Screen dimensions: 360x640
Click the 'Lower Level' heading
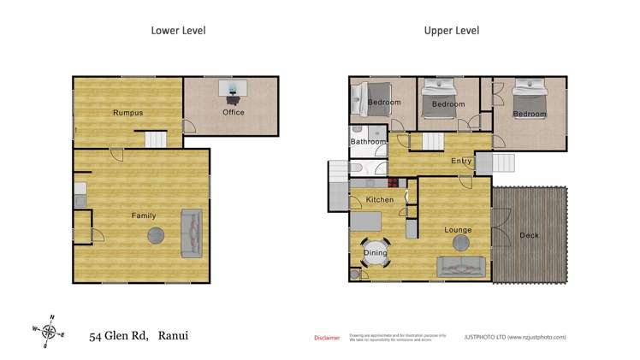point(178,31)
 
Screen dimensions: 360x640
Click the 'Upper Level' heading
point(451,31)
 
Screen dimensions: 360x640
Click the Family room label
point(143,215)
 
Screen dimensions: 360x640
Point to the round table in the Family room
point(157,236)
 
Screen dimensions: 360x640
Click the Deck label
point(529,235)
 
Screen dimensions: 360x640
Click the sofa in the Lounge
point(465,267)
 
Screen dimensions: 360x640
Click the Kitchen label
point(380,200)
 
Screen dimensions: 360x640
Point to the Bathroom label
point(368,142)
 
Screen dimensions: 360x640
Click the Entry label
point(461,161)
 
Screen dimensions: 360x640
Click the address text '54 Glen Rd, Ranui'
point(139,335)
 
